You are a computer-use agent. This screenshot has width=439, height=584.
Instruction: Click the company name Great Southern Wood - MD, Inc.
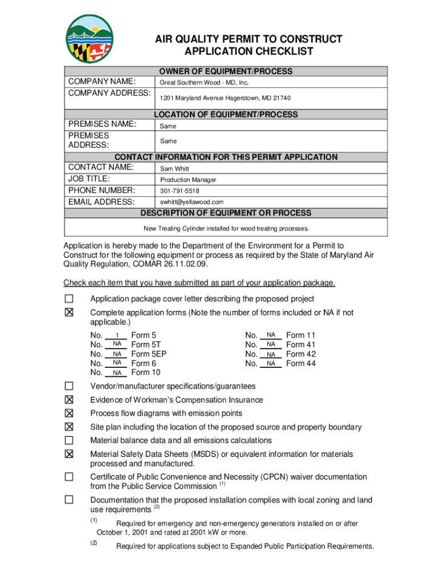[204, 82]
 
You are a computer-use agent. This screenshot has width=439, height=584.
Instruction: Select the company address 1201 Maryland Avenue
[225, 98]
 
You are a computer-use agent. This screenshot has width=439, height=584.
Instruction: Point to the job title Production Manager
[188, 180]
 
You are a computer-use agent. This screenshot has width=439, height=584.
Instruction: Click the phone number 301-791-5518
[180, 191]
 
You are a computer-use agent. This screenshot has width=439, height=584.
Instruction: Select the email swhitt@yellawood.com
[192, 202]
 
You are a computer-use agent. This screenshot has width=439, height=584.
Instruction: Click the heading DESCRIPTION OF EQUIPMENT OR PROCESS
[226, 213]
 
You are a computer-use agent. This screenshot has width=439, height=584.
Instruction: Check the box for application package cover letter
[69, 299]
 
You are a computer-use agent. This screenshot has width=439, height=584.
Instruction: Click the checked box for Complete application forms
[69, 313]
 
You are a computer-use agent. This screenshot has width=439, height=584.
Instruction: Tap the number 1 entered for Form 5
[117, 335]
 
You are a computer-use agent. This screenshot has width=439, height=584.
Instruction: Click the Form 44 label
[300, 363]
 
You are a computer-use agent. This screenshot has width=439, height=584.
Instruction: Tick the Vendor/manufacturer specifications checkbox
[69, 386]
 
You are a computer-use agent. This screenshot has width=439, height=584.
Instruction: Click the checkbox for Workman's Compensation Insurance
[69, 400]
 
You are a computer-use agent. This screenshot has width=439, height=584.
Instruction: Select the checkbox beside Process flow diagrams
[69, 413]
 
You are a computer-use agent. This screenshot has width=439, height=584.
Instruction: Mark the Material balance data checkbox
[69, 440]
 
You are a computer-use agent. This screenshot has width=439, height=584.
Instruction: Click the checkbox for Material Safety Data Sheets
[69, 454]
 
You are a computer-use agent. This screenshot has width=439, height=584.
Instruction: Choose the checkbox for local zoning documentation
[69, 500]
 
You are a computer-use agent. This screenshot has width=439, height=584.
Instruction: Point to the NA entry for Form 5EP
[117, 354]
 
